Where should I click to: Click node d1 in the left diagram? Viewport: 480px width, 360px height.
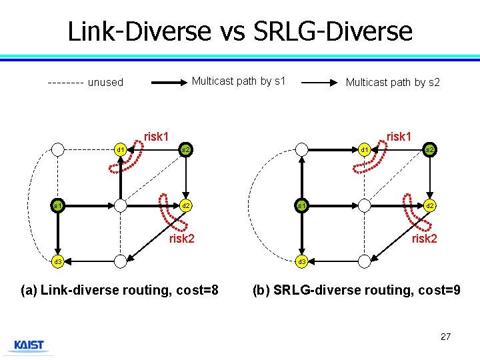tap(120, 149)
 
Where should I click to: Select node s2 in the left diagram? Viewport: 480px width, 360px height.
tap(186, 149)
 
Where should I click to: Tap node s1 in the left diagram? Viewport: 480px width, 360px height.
tap(59, 205)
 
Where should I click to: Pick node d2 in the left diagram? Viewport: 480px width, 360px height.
tap(186, 205)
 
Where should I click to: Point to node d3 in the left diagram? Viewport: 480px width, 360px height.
tap(59, 261)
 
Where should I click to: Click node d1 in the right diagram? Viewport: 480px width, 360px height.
tap(364, 149)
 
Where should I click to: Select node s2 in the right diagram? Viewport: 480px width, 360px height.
tap(431, 149)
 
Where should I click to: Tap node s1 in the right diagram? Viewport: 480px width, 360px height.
tap(302, 205)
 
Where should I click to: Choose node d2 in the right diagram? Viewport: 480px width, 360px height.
tap(431, 205)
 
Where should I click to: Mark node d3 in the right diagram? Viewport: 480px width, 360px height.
tap(302, 261)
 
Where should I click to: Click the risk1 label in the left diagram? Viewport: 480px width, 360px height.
tap(156, 137)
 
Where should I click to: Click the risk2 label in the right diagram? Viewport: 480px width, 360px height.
tap(424, 238)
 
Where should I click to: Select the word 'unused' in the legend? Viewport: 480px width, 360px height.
tap(105, 83)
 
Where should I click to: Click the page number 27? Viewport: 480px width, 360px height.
tap(445, 337)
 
